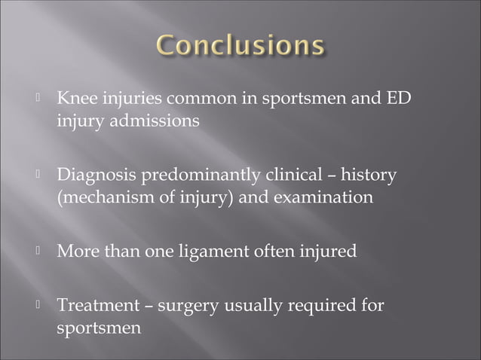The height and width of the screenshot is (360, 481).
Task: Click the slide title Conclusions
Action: [x=241, y=47]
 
